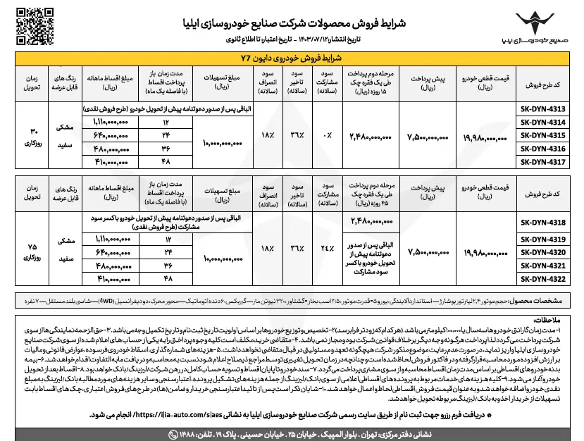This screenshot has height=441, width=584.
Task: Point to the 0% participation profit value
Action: (325, 135)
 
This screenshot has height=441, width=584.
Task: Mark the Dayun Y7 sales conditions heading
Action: (292, 58)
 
